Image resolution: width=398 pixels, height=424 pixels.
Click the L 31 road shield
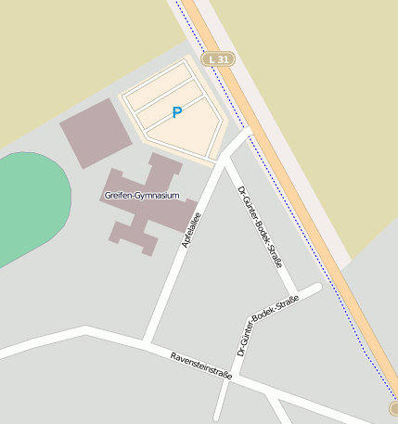tap(219, 59)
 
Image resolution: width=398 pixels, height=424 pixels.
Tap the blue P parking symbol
tap(176, 112)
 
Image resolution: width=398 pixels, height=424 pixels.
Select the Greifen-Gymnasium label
tap(142, 196)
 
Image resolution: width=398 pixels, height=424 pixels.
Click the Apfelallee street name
tap(194, 230)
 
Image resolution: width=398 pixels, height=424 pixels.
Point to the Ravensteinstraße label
tap(201, 365)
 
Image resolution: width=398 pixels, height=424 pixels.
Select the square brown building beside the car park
tap(96, 132)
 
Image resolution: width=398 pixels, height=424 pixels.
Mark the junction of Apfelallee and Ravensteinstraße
tap(146, 341)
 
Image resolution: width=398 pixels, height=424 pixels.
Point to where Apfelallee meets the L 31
tap(249, 132)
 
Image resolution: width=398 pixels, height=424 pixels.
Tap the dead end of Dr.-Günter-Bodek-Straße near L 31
tap(317, 288)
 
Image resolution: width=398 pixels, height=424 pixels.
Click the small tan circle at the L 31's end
tap(394, 408)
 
